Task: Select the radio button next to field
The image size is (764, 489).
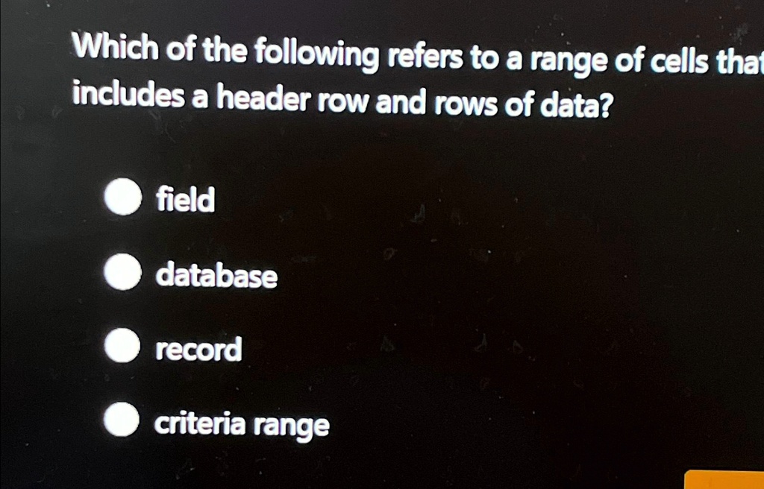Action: pos(122,198)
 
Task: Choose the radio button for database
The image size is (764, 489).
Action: pos(122,273)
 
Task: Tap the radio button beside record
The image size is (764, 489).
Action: pos(122,347)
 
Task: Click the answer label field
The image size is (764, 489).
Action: pos(185,199)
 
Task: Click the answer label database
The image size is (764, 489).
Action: pos(216,276)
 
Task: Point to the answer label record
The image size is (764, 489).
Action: pos(198,349)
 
